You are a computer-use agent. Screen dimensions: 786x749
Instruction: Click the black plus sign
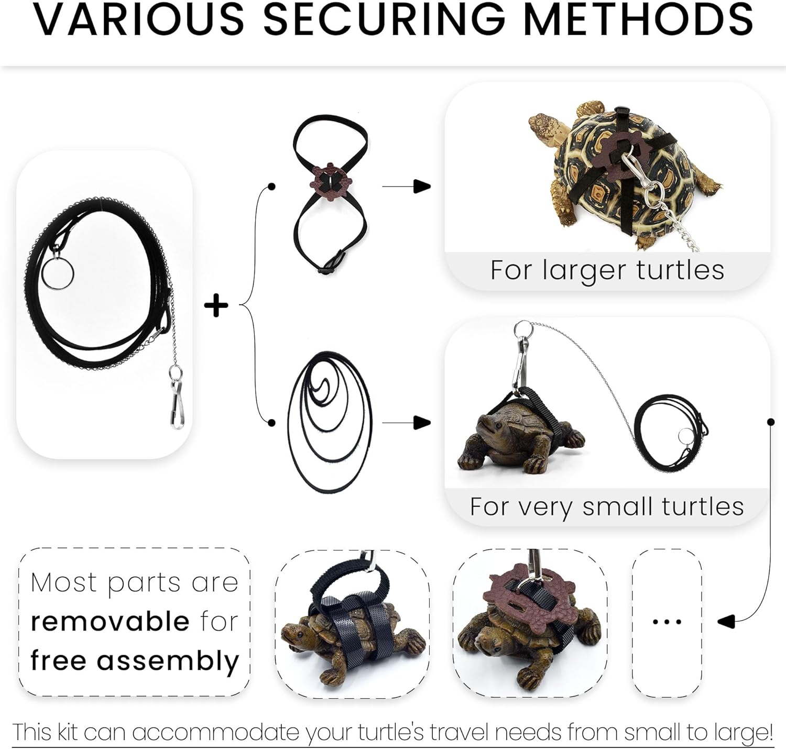(x=216, y=305)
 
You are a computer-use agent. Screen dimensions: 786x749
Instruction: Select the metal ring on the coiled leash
(x=58, y=273)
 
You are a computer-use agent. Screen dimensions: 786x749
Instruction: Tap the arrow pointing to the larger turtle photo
(x=421, y=186)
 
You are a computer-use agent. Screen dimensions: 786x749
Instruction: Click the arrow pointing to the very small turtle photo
(x=421, y=422)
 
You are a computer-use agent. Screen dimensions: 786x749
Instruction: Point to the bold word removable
(x=110, y=622)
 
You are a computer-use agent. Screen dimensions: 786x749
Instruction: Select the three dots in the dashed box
(x=667, y=622)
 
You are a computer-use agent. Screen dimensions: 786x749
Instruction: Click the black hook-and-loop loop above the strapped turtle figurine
(x=351, y=581)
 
